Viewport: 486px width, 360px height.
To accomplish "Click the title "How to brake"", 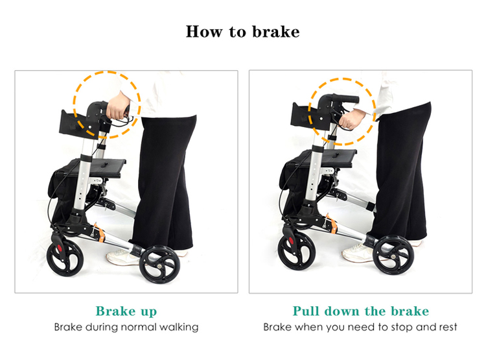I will (x=243, y=31).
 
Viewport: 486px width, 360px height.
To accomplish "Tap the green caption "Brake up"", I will (x=126, y=311).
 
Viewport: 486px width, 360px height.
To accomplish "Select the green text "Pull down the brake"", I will (x=360, y=311).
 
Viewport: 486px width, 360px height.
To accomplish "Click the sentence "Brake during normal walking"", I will (x=126, y=327).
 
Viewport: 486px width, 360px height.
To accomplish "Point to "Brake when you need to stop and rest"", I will (x=360, y=327).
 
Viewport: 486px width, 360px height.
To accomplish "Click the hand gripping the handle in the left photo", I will (x=119, y=111).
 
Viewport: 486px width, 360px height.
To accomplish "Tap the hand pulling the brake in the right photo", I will (x=353, y=119).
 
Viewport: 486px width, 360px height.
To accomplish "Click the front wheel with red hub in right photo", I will (x=296, y=249).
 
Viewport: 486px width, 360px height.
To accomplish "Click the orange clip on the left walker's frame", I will (x=99, y=231).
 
